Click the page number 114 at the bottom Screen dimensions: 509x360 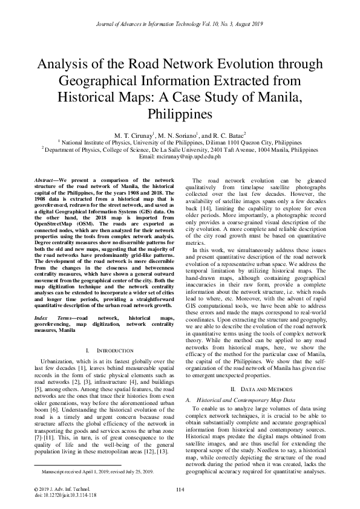click(x=180, y=490)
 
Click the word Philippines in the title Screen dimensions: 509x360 click(x=180, y=113)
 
